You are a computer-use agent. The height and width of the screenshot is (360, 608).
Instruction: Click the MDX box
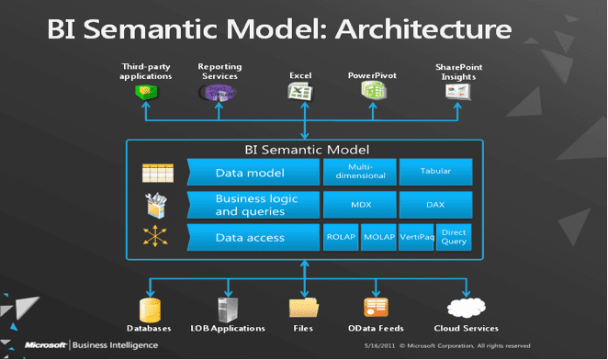tap(360, 204)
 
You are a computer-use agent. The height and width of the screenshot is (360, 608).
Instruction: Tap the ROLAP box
tap(340, 237)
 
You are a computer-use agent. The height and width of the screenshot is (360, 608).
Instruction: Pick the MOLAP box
tap(377, 237)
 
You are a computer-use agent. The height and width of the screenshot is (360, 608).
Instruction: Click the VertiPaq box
tap(416, 237)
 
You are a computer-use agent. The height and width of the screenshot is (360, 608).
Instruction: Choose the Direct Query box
tap(454, 237)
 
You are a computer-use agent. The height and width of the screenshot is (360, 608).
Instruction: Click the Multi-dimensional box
tap(360, 171)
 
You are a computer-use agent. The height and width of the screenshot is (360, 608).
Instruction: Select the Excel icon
tap(300, 92)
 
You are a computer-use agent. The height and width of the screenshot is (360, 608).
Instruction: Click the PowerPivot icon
tap(372, 92)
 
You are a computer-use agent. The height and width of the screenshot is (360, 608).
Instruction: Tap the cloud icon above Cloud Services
tap(467, 307)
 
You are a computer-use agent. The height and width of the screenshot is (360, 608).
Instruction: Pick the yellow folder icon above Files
tap(302, 307)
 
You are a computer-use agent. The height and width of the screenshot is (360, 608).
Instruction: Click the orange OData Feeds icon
tap(376, 307)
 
